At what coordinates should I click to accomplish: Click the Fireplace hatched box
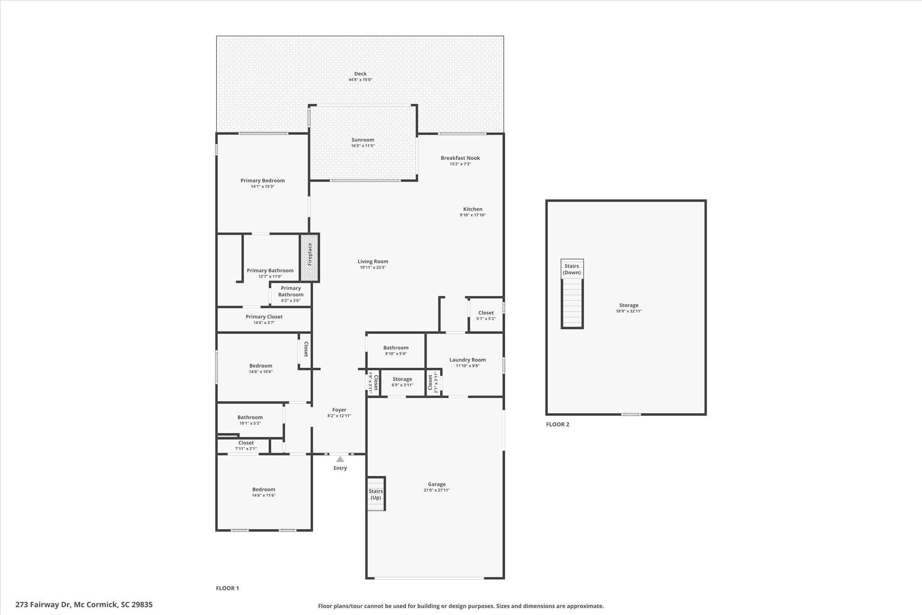pos(310,258)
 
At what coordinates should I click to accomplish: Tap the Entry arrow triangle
pos(340,459)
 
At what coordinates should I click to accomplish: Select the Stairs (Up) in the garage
pos(376,494)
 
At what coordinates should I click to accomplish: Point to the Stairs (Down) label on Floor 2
pos(572,269)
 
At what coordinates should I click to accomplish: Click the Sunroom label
pos(363,140)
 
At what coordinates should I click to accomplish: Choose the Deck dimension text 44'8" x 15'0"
pos(360,80)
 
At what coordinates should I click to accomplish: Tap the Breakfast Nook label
pos(460,158)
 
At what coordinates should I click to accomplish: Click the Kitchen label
pos(473,209)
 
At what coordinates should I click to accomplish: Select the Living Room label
pos(373,261)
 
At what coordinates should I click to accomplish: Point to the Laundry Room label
pos(467,360)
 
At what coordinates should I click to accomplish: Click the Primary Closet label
pos(264,317)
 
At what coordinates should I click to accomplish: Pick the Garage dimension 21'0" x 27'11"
pos(437,490)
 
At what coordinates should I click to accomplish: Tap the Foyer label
pos(339,410)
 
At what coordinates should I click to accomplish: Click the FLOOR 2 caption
pos(558,424)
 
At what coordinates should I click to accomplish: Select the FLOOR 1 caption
pos(228,588)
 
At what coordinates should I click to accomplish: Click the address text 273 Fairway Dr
pos(43,605)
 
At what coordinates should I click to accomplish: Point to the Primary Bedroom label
pos(262,180)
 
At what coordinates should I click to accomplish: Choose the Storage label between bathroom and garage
pos(402,379)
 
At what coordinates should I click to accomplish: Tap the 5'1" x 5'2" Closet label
pos(486,313)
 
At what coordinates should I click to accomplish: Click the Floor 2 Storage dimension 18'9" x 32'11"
pos(628,311)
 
